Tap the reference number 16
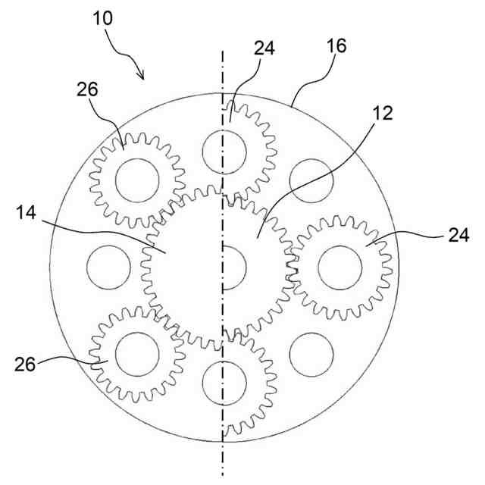point(336,46)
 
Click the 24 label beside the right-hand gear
point(458,236)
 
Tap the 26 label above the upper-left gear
point(86,89)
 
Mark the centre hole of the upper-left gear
point(136,180)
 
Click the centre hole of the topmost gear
point(225,151)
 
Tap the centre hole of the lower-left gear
point(136,353)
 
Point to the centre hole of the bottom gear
point(225,383)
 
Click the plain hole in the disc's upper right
point(311,181)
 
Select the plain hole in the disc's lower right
point(311,353)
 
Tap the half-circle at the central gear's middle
point(233,268)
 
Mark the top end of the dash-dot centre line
point(223,53)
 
